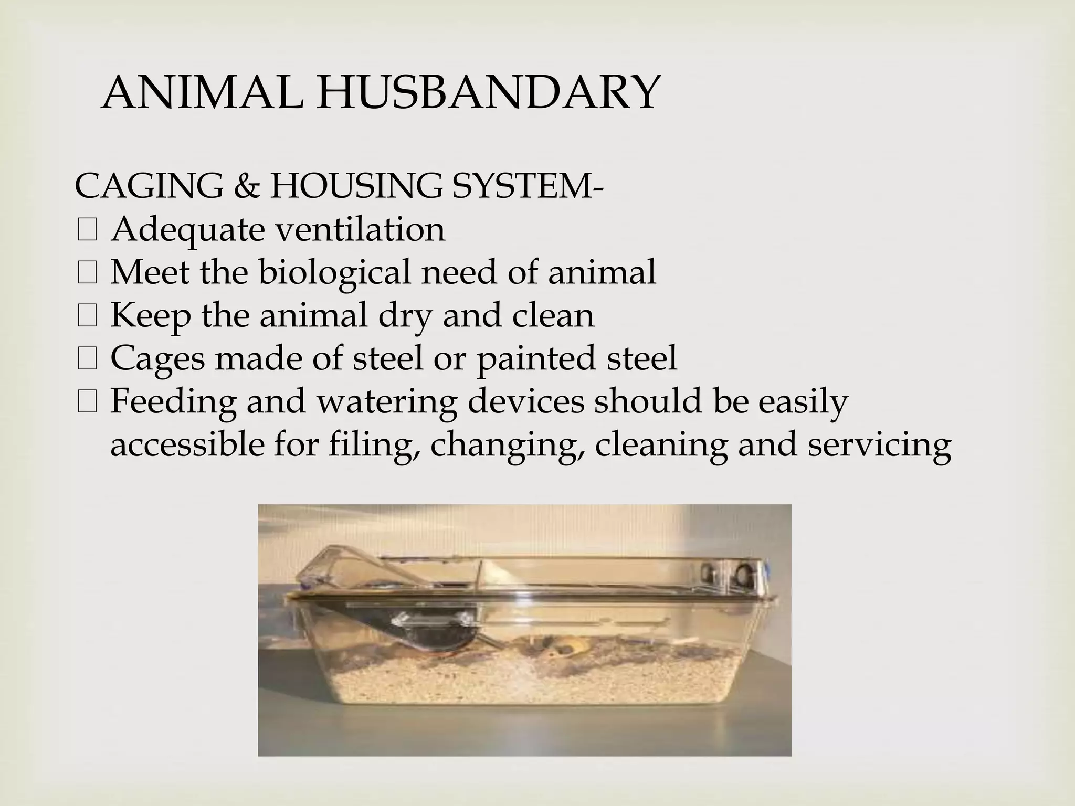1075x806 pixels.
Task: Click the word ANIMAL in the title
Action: point(202,93)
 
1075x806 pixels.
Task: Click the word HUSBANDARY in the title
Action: point(486,93)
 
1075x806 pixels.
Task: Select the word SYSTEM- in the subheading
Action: point(527,186)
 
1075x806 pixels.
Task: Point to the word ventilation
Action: point(356,229)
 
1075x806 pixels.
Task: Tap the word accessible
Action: point(188,444)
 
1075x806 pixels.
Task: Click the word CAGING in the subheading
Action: point(149,186)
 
